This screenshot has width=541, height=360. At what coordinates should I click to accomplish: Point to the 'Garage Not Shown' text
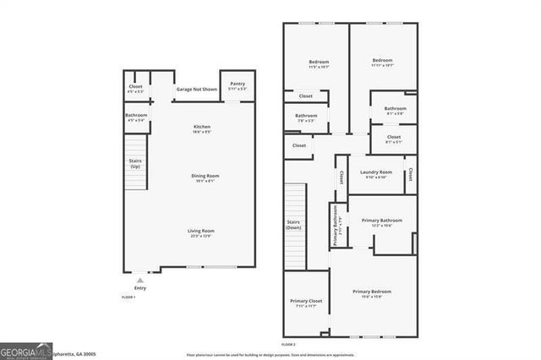click(195, 89)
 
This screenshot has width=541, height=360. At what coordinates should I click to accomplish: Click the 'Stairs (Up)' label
click(134, 162)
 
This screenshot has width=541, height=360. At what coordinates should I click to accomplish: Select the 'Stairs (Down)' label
click(293, 225)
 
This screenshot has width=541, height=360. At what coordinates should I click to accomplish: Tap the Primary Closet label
click(305, 303)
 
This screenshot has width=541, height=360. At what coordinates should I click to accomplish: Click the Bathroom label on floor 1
click(136, 117)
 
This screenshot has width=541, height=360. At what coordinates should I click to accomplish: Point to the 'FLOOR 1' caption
click(128, 298)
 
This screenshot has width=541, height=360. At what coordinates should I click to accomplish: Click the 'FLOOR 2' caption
click(288, 345)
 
